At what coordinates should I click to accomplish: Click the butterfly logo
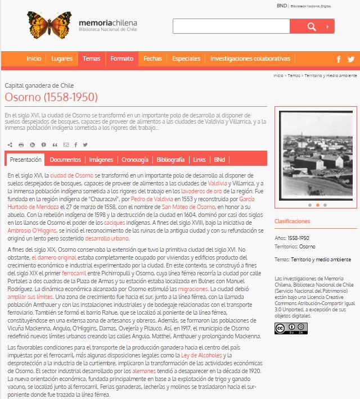(x=49, y=25)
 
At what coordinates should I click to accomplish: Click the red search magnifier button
(x=312, y=26)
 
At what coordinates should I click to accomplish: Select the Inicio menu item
(x=34, y=58)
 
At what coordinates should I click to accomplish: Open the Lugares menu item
(x=62, y=58)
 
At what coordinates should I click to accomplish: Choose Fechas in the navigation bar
(x=152, y=58)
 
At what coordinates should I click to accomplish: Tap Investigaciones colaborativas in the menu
(x=250, y=58)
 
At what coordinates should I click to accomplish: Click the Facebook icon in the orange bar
(x=339, y=59)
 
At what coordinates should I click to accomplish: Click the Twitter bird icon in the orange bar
(x=351, y=59)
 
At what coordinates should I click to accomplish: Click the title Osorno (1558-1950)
(x=51, y=97)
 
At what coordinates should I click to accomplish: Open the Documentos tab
(x=65, y=160)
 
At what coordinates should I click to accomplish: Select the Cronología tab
(x=135, y=160)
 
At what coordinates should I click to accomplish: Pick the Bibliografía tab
(x=170, y=160)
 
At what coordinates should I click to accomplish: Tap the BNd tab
(x=219, y=160)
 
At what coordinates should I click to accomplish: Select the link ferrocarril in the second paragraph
(x=74, y=272)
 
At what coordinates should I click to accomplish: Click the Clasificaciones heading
(x=292, y=221)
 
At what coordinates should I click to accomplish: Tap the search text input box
(x=231, y=26)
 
